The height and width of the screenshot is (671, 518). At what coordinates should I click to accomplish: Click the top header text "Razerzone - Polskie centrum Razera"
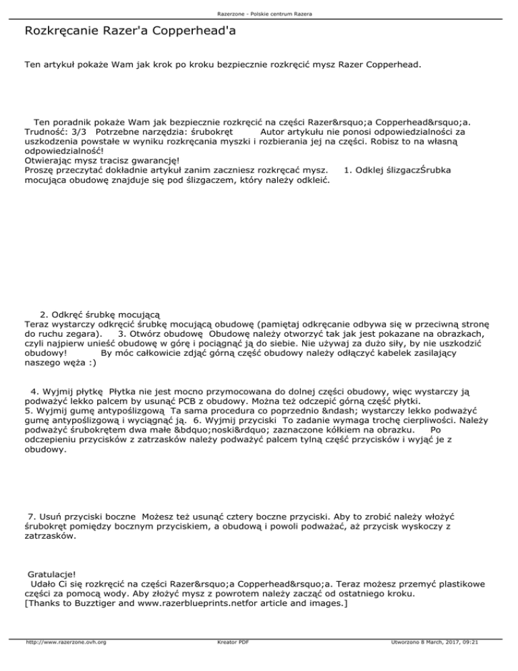[259, 14]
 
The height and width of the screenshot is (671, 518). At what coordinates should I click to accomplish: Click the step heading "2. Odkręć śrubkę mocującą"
[99, 315]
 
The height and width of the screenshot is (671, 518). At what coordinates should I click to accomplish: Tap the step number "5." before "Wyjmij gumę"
[28, 409]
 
